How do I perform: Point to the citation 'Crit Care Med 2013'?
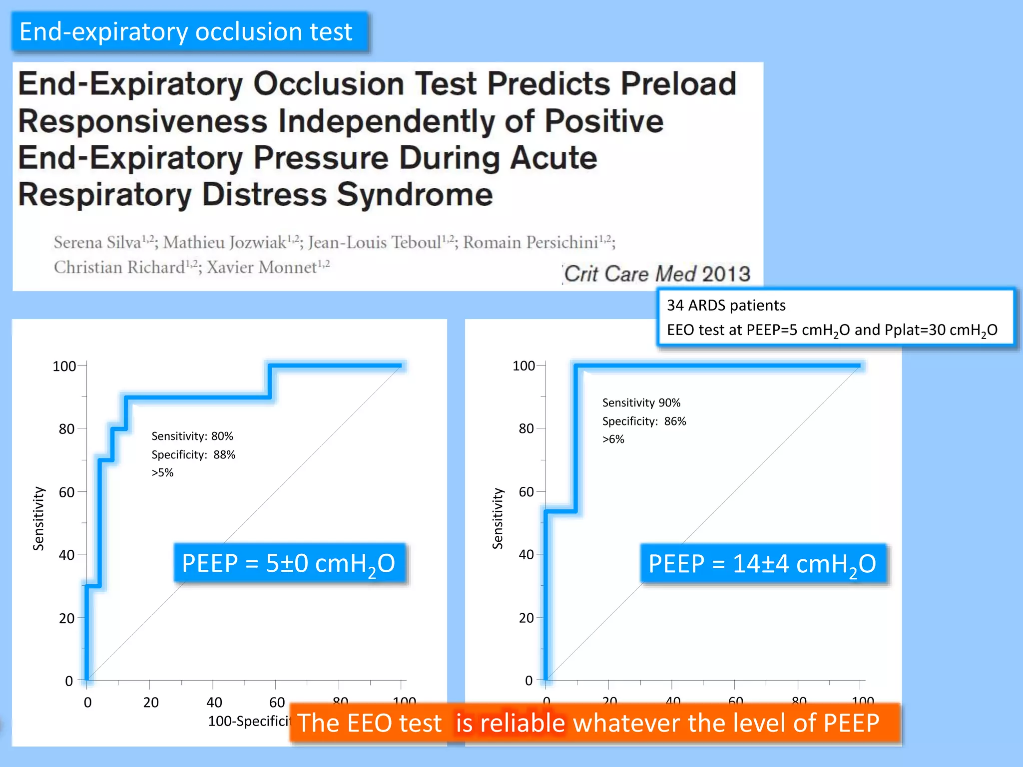(x=657, y=274)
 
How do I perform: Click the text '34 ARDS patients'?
(x=726, y=305)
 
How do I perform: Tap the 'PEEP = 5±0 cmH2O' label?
(x=289, y=563)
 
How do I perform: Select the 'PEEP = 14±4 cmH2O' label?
(x=762, y=564)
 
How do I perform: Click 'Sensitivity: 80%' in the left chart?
(x=192, y=436)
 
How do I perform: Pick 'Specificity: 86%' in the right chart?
(x=644, y=421)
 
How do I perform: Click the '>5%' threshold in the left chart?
(x=162, y=472)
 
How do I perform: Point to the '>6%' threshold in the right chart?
(x=613, y=439)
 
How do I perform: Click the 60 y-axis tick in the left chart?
(x=66, y=492)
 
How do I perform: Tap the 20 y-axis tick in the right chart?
(x=526, y=618)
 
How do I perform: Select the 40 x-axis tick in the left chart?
(x=214, y=703)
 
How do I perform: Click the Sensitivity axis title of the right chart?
(x=498, y=518)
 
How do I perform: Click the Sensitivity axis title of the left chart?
(x=38, y=518)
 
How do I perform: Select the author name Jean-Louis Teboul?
(x=375, y=243)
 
